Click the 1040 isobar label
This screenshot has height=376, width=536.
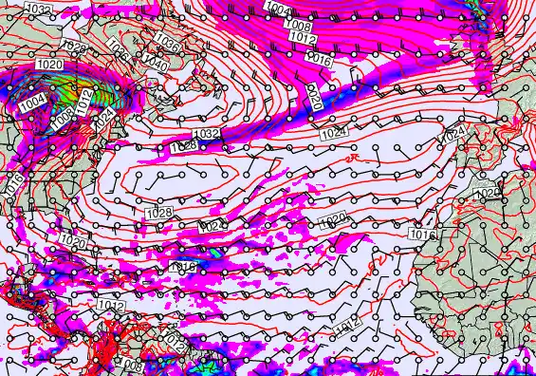pyautogui.click(x=155, y=66)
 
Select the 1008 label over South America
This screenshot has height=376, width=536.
pyautogui.click(x=131, y=366)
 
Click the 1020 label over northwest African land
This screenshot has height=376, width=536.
pyautogui.click(x=486, y=193)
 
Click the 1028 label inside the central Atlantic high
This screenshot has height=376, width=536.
pyautogui.click(x=159, y=213)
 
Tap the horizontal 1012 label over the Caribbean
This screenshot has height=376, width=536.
pyautogui.click(x=110, y=306)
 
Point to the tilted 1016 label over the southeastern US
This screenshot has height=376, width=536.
pyautogui.click(x=13, y=186)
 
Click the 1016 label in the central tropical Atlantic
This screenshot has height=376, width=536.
pyautogui.click(x=181, y=269)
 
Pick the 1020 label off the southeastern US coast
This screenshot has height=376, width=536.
pyautogui.click(x=71, y=242)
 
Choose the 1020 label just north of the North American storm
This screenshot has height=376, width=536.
pyautogui.click(x=50, y=65)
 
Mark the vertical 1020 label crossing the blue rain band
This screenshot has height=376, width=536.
pyautogui.click(x=314, y=96)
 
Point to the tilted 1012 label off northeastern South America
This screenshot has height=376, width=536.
pyautogui.click(x=173, y=341)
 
